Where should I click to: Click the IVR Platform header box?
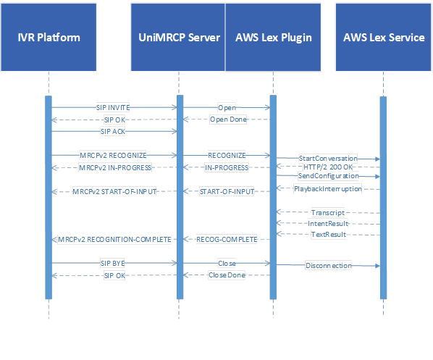[49, 37]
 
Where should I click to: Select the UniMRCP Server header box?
[178, 37]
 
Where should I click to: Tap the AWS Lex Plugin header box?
[273, 37]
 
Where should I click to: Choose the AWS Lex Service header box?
[383, 37]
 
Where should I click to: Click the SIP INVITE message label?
[113, 107]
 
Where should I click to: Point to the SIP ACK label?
[113, 132]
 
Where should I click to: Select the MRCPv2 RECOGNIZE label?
[113, 156]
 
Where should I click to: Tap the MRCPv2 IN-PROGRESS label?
[115, 168]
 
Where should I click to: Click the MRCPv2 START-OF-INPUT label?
[114, 191]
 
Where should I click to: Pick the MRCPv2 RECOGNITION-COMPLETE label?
[114, 239]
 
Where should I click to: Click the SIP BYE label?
[113, 264]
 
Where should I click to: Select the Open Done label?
[228, 120]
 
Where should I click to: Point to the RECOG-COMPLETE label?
[227, 239]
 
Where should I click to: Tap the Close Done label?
[227, 275]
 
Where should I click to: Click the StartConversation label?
[328, 159]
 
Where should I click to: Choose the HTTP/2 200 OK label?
[328, 167]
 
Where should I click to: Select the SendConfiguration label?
[328, 176]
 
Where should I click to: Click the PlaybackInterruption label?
[328, 189]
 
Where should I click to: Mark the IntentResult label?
[328, 224]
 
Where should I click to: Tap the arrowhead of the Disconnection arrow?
[377, 266]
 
